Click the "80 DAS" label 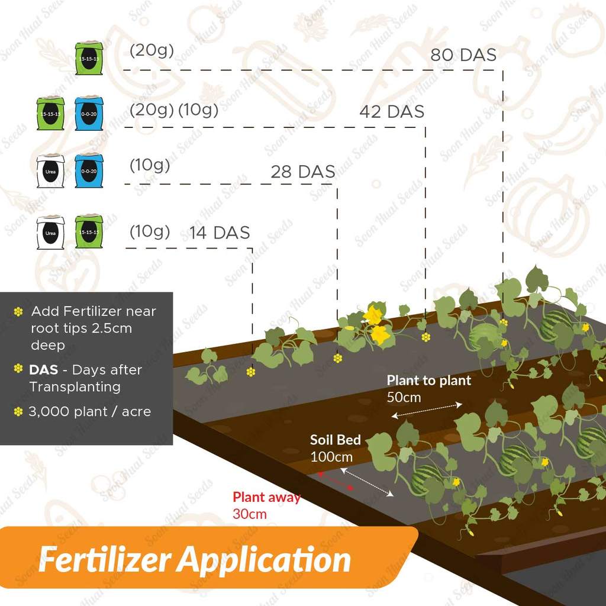click(463, 55)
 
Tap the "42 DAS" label click(392, 112)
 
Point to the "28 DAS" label click(303, 172)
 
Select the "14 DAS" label click(220, 233)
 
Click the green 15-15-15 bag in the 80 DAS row click(89, 59)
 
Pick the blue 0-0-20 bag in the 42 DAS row click(89, 114)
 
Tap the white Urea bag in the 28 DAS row click(50, 172)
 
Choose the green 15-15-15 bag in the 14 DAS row click(89, 231)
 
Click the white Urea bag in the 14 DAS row click(50, 232)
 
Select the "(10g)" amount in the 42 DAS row click(198, 110)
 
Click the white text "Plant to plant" click(429, 381)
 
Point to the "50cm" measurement click(404, 397)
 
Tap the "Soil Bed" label click(335, 440)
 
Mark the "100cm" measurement click(331, 457)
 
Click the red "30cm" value click(249, 514)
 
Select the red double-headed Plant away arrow click(335, 481)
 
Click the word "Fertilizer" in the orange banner click(105, 559)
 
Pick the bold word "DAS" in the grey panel click(44, 370)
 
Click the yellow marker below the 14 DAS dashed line click(252, 372)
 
